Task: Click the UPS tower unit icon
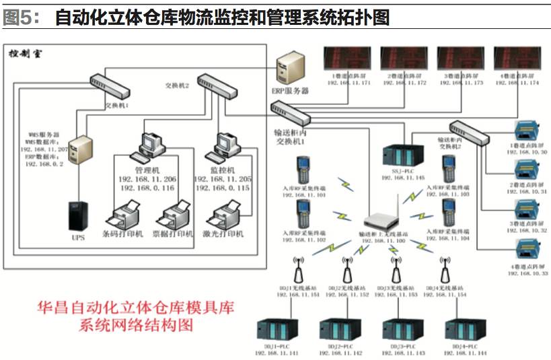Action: click(76, 216)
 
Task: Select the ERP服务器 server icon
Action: click(291, 68)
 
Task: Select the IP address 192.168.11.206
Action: click(147, 180)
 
